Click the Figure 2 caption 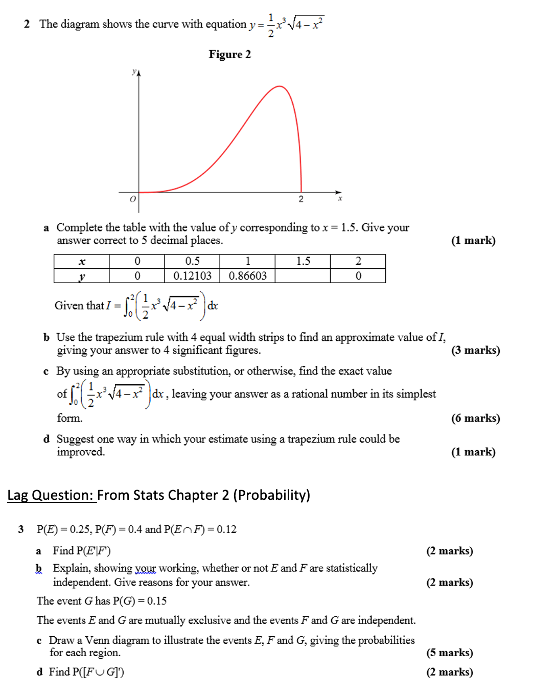click(x=229, y=55)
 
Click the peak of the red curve click(x=280, y=86)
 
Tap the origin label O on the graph click(x=133, y=199)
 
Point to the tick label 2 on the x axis click(x=301, y=199)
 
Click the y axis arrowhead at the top click(x=138, y=73)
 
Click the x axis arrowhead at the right click(x=339, y=193)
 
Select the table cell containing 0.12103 click(x=192, y=276)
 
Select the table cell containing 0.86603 click(x=247, y=276)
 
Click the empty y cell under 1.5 click(x=303, y=276)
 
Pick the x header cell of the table click(x=82, y=262)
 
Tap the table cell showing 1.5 click(x=303, y=261)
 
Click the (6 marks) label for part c click(x=475, y=419)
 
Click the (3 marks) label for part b click(x=475, y=351)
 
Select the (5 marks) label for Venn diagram click(x=449, y=653)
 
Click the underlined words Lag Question click(x=51, y=495)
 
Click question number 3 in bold click(x=21, y=529)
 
